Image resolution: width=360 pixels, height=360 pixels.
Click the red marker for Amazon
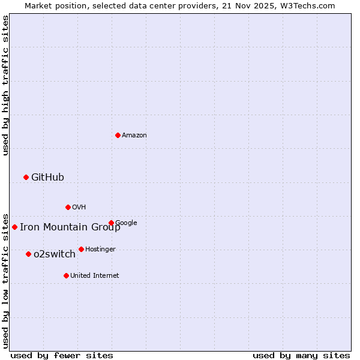[118, 135]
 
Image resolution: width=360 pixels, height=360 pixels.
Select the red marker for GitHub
[26, 177]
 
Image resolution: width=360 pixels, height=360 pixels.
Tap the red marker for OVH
[68, 207]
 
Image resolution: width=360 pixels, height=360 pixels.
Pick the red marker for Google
[111, 223]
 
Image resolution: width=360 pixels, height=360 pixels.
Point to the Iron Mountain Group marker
[14, 227]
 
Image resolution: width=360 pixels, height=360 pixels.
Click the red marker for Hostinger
[81, 249]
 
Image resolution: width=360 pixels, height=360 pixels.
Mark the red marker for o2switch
[28, 254]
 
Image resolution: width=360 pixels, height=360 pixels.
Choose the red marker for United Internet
[66, 275]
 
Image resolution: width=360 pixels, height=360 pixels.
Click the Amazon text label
[134, 136]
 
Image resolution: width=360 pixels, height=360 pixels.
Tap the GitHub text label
[47, 177]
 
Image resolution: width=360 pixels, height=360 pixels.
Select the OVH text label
[79, 208]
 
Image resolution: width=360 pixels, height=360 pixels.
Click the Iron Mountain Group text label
[70, 227]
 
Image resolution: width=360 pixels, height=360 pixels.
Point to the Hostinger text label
[100, 249]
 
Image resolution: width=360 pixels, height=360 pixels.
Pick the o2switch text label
[54, 254]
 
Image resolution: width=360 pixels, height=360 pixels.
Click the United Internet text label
[94, 276]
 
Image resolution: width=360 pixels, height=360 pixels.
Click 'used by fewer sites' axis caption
[62, 356]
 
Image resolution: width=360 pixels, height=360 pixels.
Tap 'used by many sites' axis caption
[301, 356]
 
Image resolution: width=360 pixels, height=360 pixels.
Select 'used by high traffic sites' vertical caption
[5, 85]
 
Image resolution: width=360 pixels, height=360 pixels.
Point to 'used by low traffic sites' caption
[5, 280]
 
